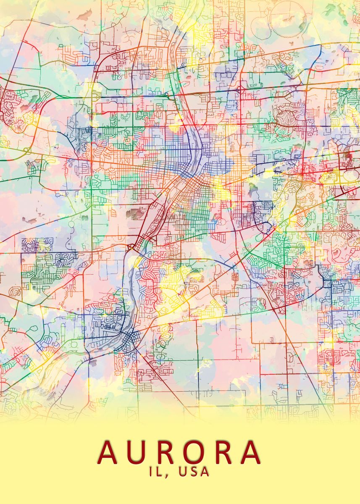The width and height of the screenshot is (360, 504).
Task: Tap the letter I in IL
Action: click(x=151, y=471)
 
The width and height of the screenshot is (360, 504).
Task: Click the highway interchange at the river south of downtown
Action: click(x=131, y=247)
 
